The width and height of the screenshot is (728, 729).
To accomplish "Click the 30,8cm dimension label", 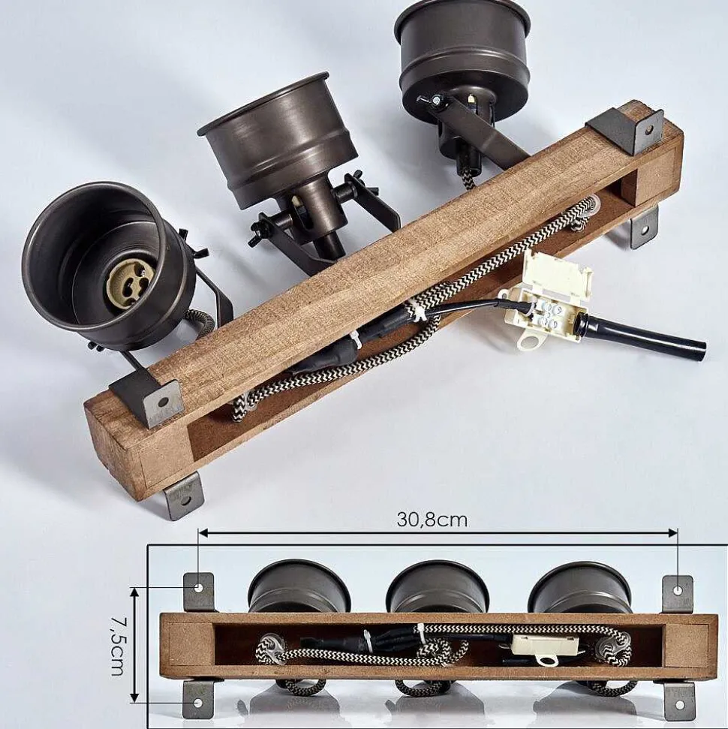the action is coord(432,519).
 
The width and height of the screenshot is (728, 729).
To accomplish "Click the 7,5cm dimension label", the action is coord(117,646).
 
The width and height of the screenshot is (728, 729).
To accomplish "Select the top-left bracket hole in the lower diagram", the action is coord(199,588).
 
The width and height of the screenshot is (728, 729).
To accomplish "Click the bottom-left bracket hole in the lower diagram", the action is coord(198,703).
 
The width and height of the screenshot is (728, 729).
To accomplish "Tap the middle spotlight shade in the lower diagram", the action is coord(438,587).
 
